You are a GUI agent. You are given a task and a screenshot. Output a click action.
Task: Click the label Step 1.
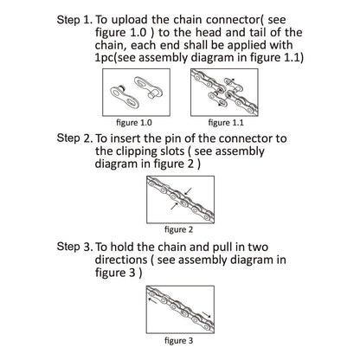pyautogui.click(x=74, y=20)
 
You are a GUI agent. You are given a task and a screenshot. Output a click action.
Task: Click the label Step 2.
pyautogui.click(x=74, y=138)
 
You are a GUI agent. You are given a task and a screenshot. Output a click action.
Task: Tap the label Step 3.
pyautogui.click(x=74, y=247)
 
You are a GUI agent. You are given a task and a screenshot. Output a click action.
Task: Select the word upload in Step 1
pyautogui.click(x=130, y=21)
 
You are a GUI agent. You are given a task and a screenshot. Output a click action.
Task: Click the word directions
pyautogui.click(x=121, y=260)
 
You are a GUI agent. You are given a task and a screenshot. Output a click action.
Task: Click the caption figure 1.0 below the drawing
pyautogui.click(x=134, y=123)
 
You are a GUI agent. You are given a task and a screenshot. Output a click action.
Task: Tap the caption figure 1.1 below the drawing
pyautogui.click(x=226, y=123)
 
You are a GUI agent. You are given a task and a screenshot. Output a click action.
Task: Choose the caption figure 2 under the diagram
pyautogui.click(x=178, y=230)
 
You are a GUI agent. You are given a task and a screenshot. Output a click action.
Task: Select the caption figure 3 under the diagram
pyautogui.click(x=178, y=341)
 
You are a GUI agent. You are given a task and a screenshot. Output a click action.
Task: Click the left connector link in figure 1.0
pyautogui.click(x=125, y=96)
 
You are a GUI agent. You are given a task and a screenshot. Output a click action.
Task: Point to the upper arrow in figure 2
pyautogui.click(x=188, y=190)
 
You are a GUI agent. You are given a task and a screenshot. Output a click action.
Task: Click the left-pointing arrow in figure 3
pyautogui.click(x=152, y=300)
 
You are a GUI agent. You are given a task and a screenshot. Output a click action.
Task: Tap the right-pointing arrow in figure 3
pyautogui.click(x=207, y=314)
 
